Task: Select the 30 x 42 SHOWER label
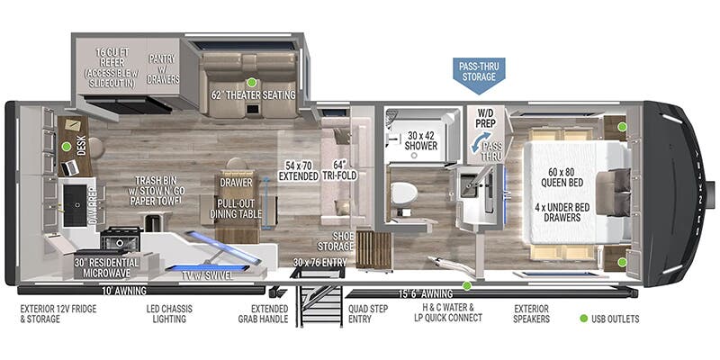[420, 139]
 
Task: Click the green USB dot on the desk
[67, 146]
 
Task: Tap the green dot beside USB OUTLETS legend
[583, 319]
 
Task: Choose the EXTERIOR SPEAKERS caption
[531, 313]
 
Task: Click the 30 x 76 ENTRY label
[319, 263]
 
